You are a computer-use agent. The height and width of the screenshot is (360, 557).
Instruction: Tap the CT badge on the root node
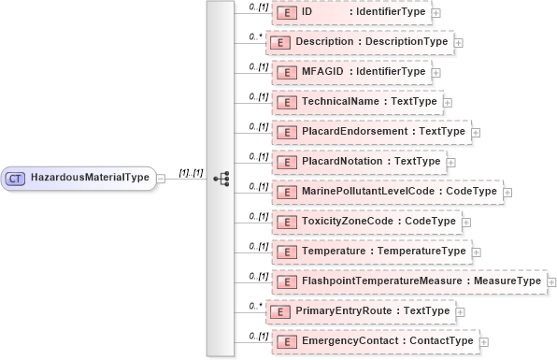coord(16,177)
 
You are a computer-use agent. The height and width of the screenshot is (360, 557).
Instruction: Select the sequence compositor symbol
coord(221,177)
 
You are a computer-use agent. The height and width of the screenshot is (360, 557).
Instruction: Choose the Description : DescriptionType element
coord(360,42)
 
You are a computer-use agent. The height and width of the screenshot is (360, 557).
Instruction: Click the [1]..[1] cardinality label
coord(191,171)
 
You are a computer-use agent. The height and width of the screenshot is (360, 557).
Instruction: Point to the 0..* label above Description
coord(255,36)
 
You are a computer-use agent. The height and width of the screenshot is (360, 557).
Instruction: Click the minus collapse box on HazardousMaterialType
coord(161,178)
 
